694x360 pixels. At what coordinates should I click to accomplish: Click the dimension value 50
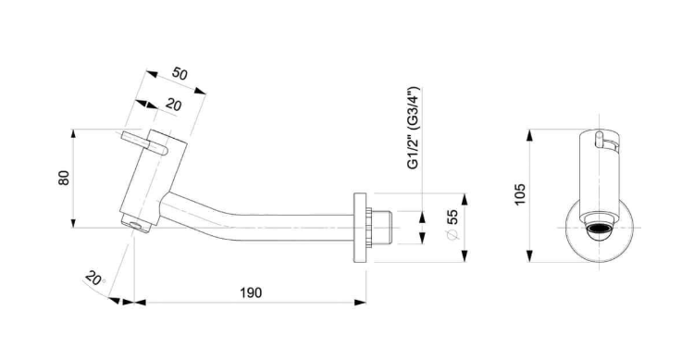pyautogui.click(x=180, y=73)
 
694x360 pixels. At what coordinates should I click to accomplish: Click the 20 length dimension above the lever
pyautogui.click(x=174, y=105)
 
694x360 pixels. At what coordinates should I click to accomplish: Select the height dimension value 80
pyautogui.click(x=64, y=178)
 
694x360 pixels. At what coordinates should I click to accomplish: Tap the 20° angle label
pyautogui.click(x=94, y=278)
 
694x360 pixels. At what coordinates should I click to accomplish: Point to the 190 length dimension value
pyautogui.click(x=251, y=292)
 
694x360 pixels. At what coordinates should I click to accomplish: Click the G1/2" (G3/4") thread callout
pyautogui.click(x=413, y=128)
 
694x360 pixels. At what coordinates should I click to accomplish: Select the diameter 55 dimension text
pyautogui.click(x=452, y=224)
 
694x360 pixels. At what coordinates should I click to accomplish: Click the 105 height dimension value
pyautogui.click(x=520, y=194)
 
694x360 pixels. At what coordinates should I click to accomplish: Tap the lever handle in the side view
pyautogui.click(x=144, y=143)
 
